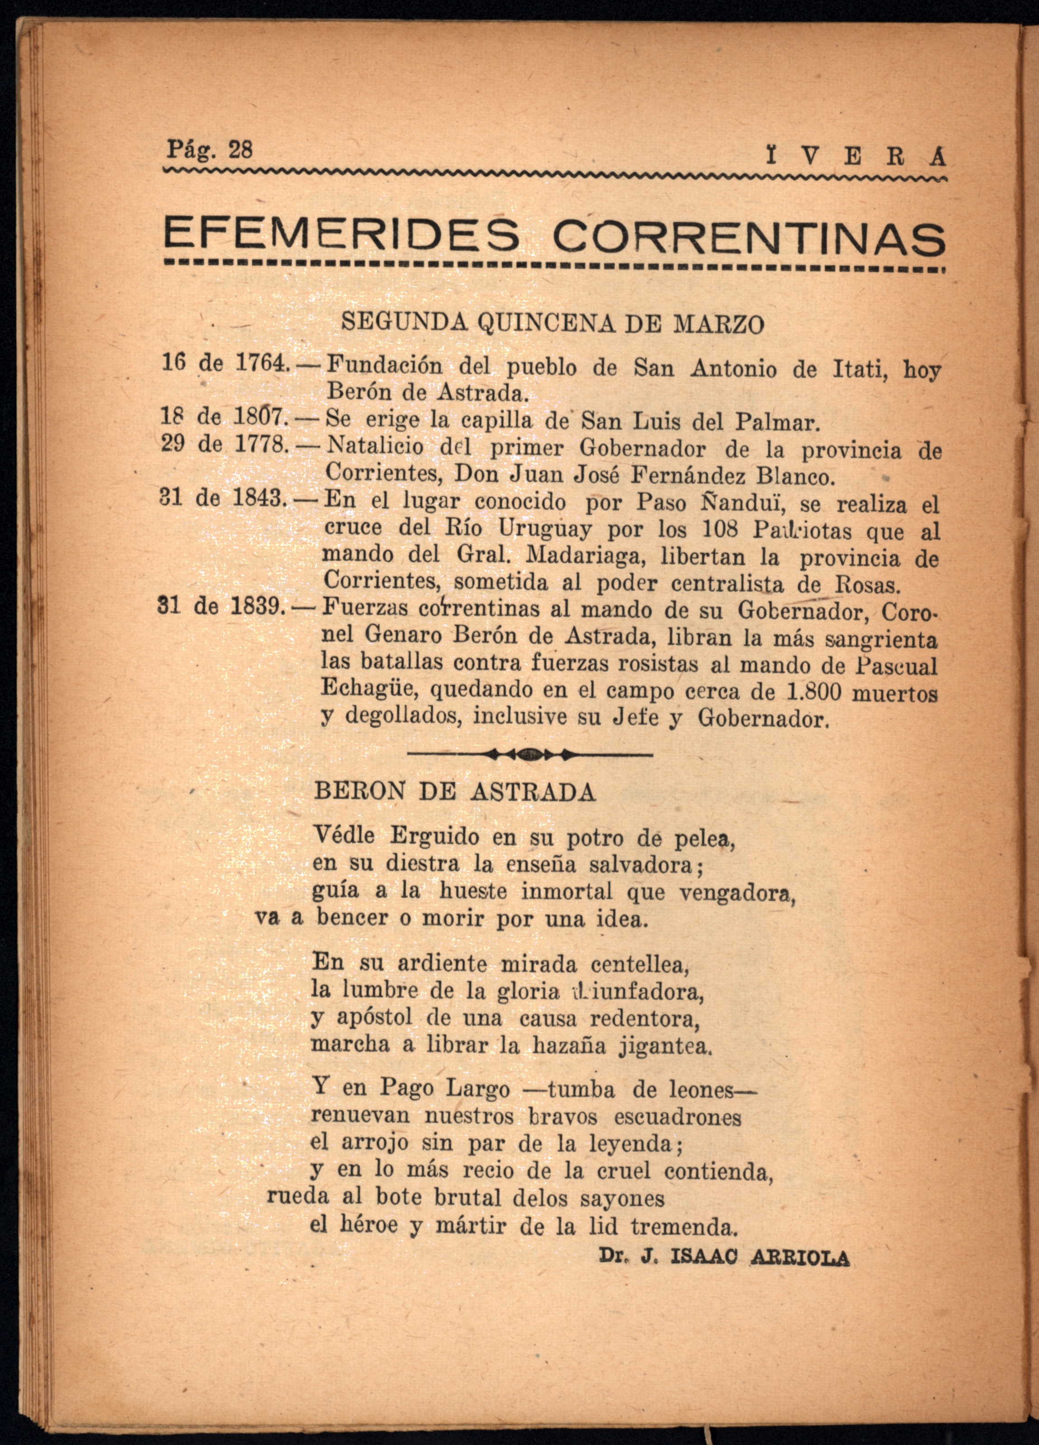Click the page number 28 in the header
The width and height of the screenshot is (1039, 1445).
click(240, 150)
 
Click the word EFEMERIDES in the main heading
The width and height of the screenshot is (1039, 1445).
click(341, 236)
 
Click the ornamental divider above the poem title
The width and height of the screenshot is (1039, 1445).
click(529, 755)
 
